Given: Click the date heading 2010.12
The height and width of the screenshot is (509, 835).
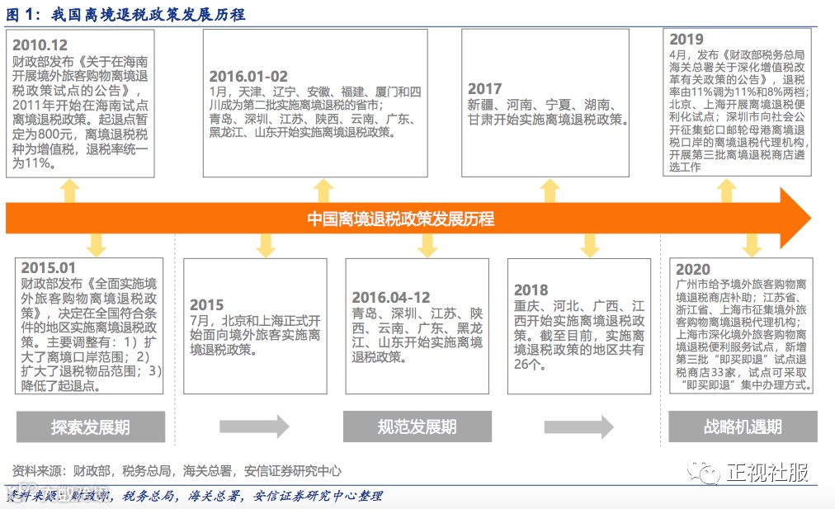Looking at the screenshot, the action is [x=40, y=45].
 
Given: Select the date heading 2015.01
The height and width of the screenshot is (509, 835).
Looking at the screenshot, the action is [x=48, y=268].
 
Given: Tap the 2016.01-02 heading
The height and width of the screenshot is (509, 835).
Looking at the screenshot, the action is [x=248, y=76].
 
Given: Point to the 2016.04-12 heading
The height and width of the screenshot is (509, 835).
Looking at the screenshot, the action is [x=391, y=298].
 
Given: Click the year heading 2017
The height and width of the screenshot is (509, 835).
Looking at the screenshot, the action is [x=484, y=89].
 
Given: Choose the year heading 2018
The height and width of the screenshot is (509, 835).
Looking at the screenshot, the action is [x=531, y=290].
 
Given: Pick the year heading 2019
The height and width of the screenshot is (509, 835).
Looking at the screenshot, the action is [x=686, y=40].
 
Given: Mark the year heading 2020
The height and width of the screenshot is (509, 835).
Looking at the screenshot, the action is [x=692, y=270].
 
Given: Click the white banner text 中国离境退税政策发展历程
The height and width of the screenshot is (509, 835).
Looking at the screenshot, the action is [x=400, y=219].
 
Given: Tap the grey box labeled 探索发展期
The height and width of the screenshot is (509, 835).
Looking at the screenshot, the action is [x=90, y=427].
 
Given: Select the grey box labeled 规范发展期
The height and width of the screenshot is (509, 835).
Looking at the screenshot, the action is [x=417, y=427].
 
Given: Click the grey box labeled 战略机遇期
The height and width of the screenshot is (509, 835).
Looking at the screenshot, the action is [x=743, y=427].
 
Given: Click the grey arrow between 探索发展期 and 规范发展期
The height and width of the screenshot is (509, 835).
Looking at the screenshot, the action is [x=254, y=427].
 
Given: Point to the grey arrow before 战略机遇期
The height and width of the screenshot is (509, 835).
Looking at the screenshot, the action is [x=578, y=427].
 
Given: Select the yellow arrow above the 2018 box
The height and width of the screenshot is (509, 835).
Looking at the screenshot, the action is [x=589, y=245].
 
